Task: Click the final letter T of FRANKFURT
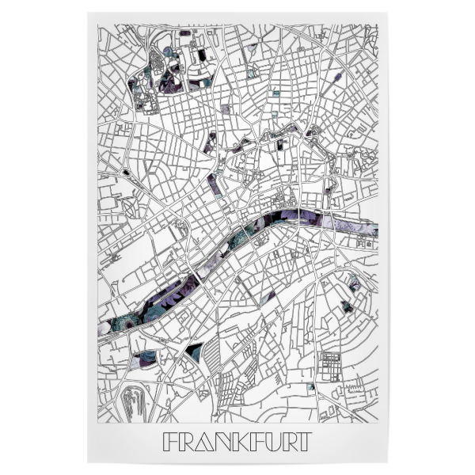(302, 441)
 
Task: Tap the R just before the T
(284, 441)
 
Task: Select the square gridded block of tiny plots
(329, 366)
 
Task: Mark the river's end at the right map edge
(374, 229)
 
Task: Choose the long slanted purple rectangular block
(215, 184)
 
